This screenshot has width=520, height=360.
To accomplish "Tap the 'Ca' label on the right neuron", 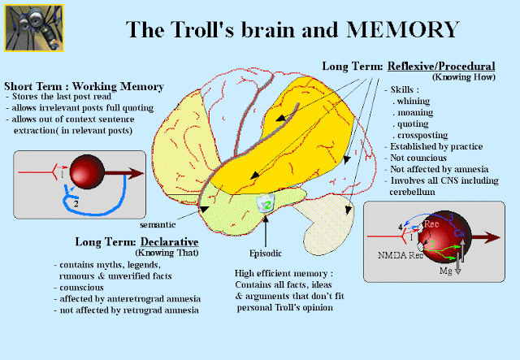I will [x=459, y=233].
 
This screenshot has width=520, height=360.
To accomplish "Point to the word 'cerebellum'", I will [x=417, y=191].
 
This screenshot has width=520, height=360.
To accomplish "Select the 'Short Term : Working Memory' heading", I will [x=84, y=86].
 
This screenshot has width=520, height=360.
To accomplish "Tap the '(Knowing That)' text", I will [x=155, y=254].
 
